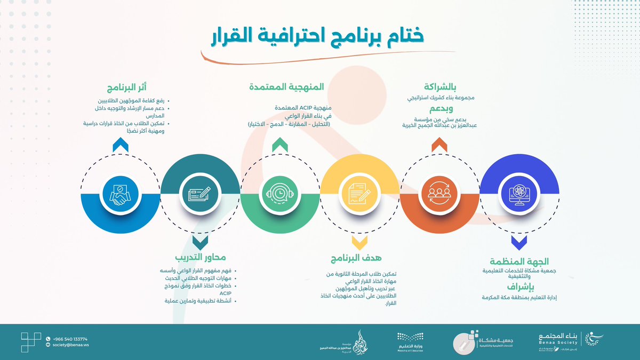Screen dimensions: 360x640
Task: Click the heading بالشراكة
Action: (440, 87)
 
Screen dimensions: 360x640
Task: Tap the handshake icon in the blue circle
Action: (120, 193)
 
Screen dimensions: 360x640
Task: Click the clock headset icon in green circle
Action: (280, 193)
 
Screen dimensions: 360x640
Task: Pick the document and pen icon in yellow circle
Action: (360, 193)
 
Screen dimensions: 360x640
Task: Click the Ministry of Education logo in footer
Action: (409, 341)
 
